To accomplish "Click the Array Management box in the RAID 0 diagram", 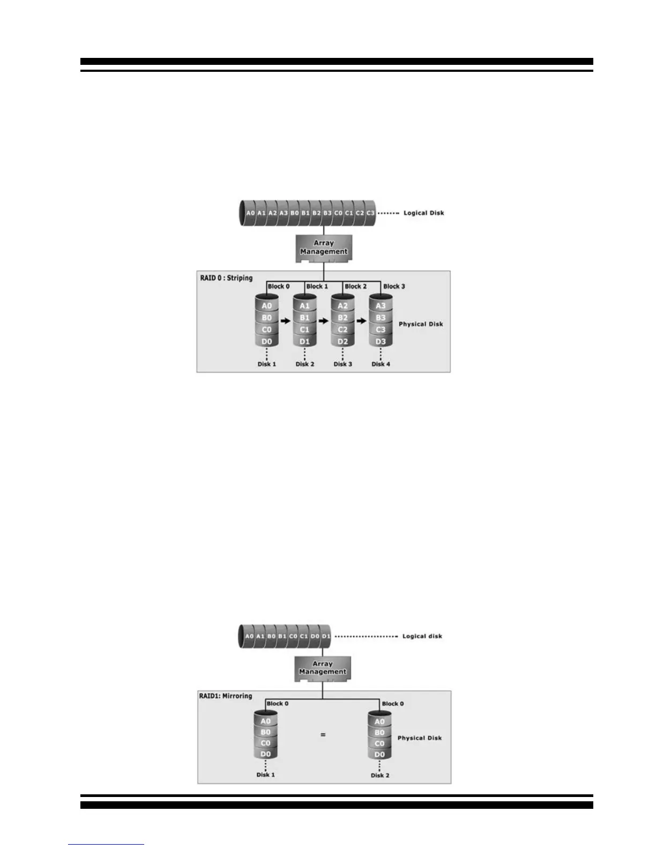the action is pos(324,248).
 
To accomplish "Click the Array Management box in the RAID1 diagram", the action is pos(323,668).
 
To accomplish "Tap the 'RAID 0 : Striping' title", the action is pos(226,278).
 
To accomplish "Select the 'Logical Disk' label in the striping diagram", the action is pos(423,213).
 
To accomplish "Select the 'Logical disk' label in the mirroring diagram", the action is pos(422,636).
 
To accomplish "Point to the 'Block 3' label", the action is pos(394,286).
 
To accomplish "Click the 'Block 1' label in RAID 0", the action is pos(317,286).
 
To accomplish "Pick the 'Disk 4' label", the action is pos(381,364).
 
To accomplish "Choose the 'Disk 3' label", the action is pos(343,364).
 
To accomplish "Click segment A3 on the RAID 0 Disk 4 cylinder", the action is pos(381,306).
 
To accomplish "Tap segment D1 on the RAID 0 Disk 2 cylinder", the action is pos(304,341).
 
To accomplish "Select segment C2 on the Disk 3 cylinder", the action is pos(343,330).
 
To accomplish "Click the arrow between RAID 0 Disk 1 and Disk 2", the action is pos(286,322).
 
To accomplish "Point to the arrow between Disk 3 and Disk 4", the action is pos(362,322).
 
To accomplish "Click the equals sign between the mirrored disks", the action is pos(323,735).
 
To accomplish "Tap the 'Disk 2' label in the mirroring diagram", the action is pos(380,775).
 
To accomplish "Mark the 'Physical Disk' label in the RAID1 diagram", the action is pos(420,738).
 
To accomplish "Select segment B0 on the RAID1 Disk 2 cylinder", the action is pos(379,733).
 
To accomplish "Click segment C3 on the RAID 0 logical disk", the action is pos(370,213).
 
